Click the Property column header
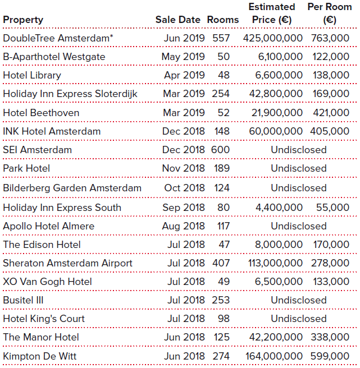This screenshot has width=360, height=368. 23,20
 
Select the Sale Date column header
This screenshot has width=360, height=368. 177,20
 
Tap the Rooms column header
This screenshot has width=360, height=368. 223,20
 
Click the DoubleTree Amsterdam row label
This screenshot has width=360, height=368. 58,38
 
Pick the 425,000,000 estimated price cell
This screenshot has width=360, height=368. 273,38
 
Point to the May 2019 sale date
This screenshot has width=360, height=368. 183,57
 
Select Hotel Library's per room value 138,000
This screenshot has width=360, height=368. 331,75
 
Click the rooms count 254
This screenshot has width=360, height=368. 221,94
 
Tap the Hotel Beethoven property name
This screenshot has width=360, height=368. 41,113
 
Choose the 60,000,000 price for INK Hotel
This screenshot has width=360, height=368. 276,131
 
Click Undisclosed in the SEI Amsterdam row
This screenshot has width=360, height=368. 299,150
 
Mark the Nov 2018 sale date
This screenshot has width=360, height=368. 184,168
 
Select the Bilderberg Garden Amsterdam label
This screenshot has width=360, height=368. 72,188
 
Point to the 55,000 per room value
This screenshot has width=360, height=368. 332,208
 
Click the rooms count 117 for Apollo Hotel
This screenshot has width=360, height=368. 223,226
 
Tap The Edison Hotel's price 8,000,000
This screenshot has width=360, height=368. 279,245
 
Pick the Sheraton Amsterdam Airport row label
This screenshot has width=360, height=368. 68,263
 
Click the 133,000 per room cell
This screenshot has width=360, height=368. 331,282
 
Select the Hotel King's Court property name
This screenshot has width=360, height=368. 44,319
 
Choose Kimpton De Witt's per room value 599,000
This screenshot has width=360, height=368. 330,356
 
